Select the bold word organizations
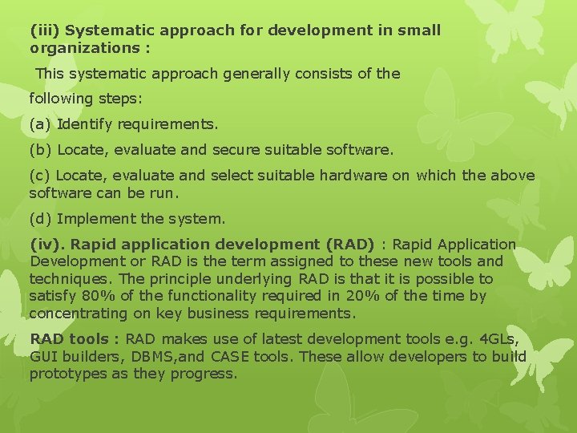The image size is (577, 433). coord(79,48)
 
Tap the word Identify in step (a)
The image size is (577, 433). coord(86,125)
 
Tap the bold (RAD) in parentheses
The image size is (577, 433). coord(349,244)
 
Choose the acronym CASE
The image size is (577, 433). coord(215,357)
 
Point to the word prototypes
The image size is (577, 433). coord(68,374)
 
